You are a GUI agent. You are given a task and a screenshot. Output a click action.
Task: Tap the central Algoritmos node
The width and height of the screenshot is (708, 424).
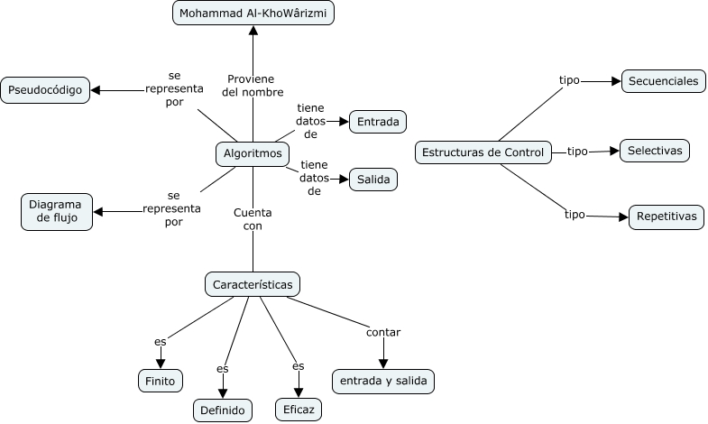[253, 154]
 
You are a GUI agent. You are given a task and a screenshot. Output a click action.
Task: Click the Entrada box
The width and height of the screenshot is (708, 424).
[379, 121]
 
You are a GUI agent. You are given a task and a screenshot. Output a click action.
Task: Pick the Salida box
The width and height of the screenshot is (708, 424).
[372, 180]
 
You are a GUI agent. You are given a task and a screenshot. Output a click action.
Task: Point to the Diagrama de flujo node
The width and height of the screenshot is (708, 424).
[56, 212]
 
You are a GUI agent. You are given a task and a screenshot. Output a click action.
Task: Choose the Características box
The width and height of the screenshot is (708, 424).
[253, 285]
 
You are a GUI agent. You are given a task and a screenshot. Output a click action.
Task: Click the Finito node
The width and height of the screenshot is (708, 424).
[161, 381]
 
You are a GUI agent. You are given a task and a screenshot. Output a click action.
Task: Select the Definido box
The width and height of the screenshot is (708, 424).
[223, 410]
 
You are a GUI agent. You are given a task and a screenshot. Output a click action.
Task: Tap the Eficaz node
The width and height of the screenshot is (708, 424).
[299, 410]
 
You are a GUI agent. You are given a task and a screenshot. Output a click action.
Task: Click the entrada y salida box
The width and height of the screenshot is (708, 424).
[383, 381]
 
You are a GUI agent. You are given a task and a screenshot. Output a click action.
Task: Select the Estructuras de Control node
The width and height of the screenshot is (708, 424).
[483, 152]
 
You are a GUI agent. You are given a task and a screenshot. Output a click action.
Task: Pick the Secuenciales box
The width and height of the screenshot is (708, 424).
[663, 81]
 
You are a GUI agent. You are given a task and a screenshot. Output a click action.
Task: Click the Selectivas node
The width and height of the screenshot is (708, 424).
[655, 151]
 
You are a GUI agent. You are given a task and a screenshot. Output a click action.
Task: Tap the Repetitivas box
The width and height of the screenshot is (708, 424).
[666, 217]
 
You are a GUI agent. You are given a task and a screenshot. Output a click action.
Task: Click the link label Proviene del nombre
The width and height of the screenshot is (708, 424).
[255, 85]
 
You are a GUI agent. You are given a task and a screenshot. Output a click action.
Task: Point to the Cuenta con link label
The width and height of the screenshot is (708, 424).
[253, 219]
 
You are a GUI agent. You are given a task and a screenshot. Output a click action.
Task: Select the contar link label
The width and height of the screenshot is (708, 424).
[383, 332]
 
